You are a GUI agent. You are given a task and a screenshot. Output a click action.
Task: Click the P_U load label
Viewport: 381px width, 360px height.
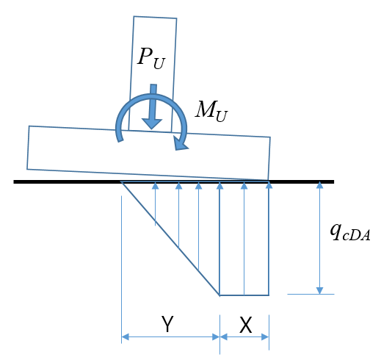coord(151,58)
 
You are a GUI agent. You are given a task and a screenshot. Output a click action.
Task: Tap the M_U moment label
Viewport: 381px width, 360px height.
coord(211,111)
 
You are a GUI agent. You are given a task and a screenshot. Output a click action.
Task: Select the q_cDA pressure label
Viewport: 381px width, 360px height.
coord(350,232)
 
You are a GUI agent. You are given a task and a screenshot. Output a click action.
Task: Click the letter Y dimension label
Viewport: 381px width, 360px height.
coord(167,324)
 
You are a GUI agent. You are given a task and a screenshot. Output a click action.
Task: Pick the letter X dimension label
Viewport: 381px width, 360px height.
coord(245,325)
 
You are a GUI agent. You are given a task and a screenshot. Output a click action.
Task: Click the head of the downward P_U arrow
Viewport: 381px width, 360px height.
coord(152,123)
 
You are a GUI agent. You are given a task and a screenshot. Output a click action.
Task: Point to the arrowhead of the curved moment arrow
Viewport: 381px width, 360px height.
coord(181,144)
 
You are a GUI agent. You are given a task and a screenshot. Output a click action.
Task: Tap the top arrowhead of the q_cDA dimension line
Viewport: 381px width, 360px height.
coord(319,185)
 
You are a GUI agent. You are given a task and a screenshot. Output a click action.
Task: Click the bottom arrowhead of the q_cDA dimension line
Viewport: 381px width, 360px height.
coord(319,290)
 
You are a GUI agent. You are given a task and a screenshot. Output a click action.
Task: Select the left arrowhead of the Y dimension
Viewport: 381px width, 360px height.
coord(125,337)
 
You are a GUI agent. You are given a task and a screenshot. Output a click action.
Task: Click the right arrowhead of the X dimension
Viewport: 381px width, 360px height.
coord(265,337)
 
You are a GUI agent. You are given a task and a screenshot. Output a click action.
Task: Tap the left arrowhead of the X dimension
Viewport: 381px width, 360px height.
coord(224,337)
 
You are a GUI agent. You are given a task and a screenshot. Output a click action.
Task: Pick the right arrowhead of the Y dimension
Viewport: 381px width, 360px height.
coord(216,337)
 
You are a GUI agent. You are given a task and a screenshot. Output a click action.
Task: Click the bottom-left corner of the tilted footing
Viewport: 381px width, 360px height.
coord(27,169)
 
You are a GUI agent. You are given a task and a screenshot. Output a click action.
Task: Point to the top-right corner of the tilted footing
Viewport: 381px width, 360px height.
coord(270,137)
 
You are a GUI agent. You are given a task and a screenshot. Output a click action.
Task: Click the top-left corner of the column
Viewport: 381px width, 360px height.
coord(134,16)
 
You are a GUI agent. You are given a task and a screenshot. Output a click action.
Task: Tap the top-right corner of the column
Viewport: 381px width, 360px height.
coord(177,18)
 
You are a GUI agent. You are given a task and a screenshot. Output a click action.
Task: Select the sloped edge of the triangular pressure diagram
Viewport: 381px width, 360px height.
coord(170,239)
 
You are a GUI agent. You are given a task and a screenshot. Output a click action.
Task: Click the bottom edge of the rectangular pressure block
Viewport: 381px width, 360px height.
coord(244,295)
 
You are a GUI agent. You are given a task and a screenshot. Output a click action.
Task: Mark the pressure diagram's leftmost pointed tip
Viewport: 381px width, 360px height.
coord(121,182)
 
